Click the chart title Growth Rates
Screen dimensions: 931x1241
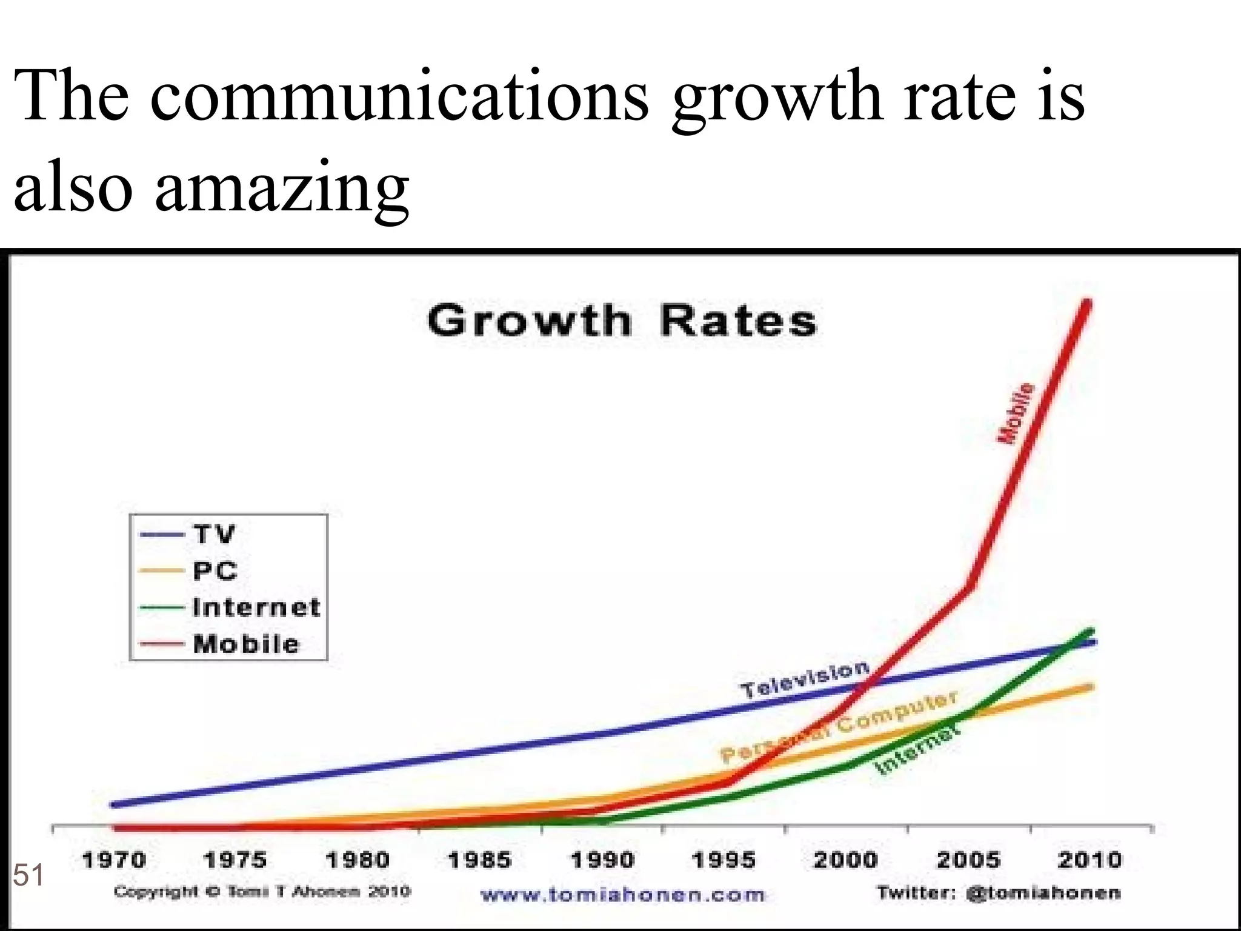622,321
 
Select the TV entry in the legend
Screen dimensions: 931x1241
213,534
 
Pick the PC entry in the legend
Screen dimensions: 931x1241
215,571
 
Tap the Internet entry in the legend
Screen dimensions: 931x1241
256,607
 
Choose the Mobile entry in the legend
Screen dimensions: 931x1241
246,644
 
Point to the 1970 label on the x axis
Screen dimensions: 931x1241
114,860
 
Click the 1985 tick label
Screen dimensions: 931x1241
479,860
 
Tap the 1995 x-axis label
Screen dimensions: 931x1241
724,860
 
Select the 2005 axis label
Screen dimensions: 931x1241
968,860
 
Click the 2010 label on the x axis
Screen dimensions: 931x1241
1090,860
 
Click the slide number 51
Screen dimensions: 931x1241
28,876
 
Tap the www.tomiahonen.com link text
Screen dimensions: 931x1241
622,895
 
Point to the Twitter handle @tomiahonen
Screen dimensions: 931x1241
1042,893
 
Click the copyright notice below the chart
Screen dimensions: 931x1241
262,892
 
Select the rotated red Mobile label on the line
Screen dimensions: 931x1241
1016,413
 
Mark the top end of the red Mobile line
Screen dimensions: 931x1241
1088,302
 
